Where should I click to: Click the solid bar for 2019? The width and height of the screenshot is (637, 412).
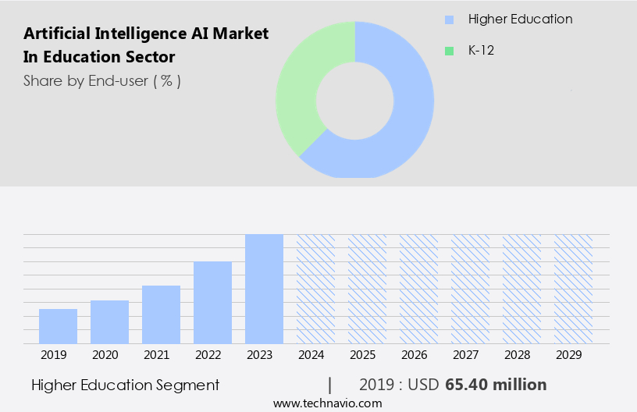coord(58,326)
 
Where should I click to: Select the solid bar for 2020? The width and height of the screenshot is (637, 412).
coord(109,321)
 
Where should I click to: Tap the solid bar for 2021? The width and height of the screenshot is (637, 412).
coord(161,314)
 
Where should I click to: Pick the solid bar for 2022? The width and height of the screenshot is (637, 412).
coord(212,302)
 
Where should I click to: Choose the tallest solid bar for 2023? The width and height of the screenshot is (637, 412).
coord(264,289)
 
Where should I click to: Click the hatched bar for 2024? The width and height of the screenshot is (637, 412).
coord(315,289)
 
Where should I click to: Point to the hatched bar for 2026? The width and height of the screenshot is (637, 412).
coord(418,289)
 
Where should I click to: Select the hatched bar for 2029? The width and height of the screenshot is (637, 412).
coord(573,289)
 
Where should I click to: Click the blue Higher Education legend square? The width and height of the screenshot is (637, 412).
coord(449,20)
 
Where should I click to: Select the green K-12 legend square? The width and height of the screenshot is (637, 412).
coord(449,51)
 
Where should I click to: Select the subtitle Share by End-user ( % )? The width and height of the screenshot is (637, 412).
coord(102,80)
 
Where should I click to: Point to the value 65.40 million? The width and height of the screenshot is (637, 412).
coord(496,385)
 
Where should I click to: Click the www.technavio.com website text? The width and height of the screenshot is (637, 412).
coord(327,403)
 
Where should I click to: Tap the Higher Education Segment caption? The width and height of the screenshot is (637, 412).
coord(126,385)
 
